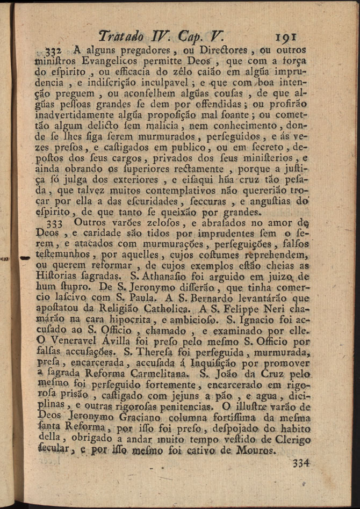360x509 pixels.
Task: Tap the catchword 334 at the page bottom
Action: [301, 463]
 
